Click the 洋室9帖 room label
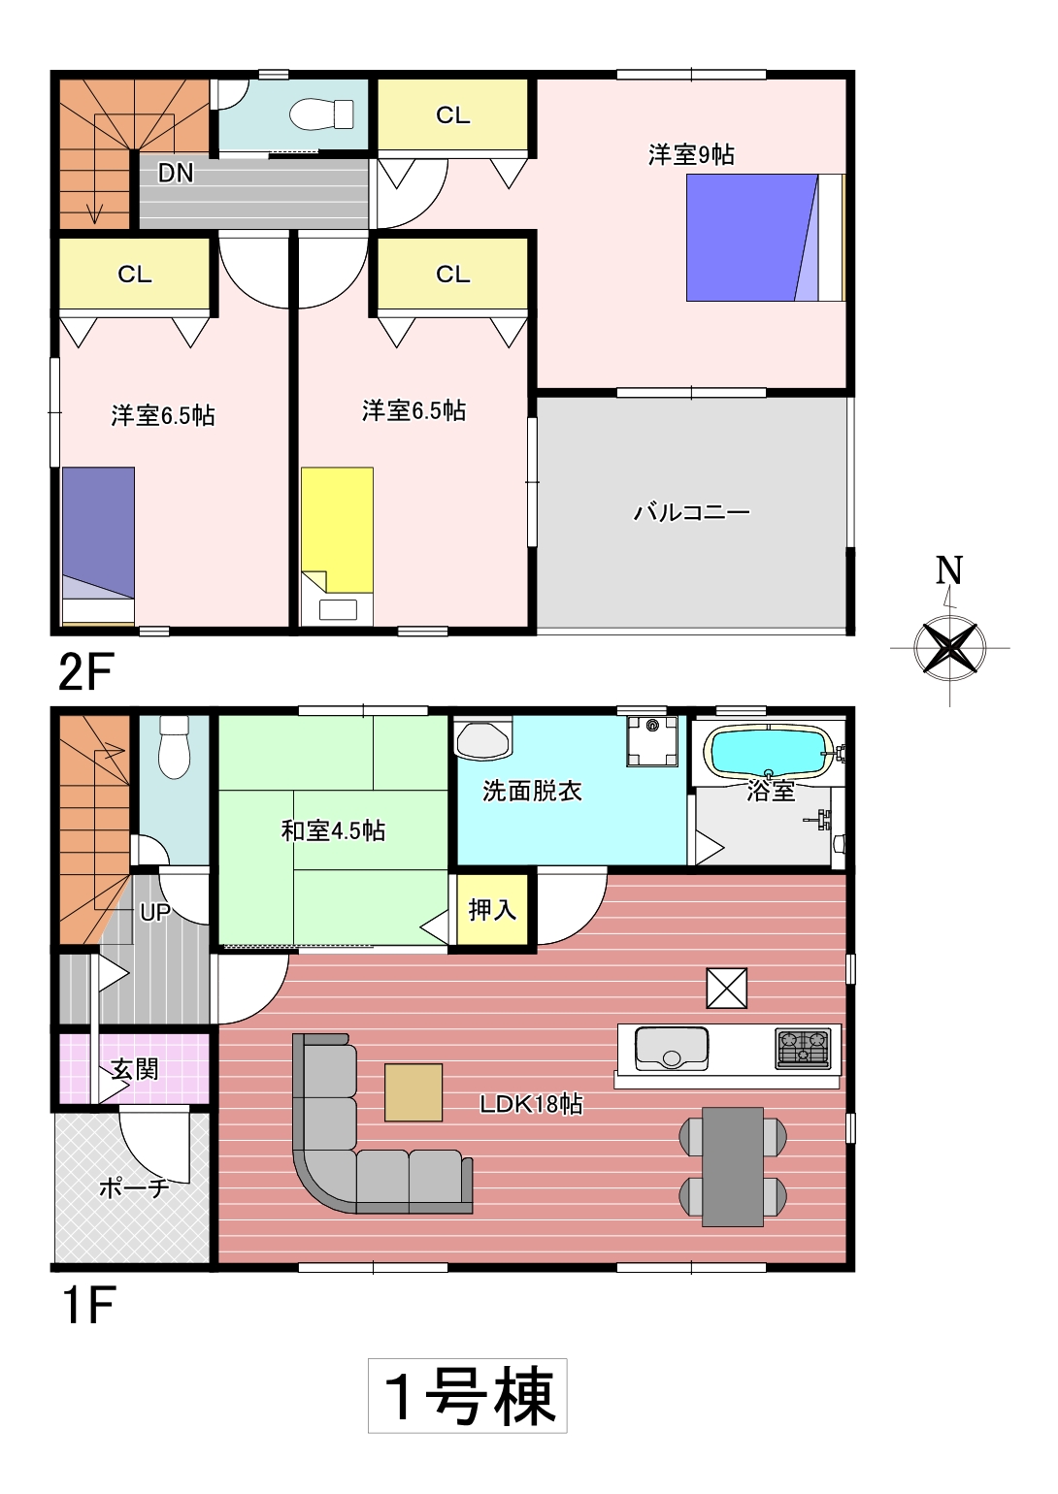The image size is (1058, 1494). pos(691,155)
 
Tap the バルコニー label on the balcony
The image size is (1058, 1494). pos(691,512)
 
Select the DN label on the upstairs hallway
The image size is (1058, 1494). pos(176,174)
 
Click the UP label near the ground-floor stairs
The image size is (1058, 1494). pos(155,912)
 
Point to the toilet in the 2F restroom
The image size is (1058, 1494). pos(321,114)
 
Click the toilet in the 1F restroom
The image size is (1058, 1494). pos(174,747)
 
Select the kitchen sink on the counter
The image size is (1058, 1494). pos(672,1048)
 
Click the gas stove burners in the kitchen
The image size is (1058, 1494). pos(804,1048)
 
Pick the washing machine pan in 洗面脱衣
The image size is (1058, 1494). pos(652,741)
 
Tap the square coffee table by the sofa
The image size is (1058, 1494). pos(413,1091)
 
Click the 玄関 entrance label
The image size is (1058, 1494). pos(135,1069)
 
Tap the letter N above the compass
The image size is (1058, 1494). pos(950,570)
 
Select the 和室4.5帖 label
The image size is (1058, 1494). pos(333,831)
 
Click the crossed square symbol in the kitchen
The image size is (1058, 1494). pos(727,988)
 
